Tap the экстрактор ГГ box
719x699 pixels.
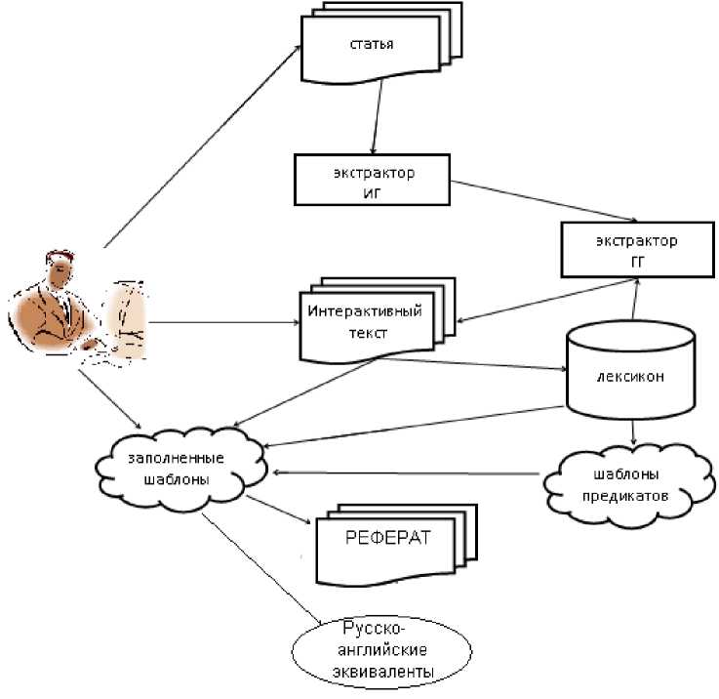point(634,249)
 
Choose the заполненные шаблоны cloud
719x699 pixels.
point(180,469)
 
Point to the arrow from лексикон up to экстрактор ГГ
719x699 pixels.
point(635,298)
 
